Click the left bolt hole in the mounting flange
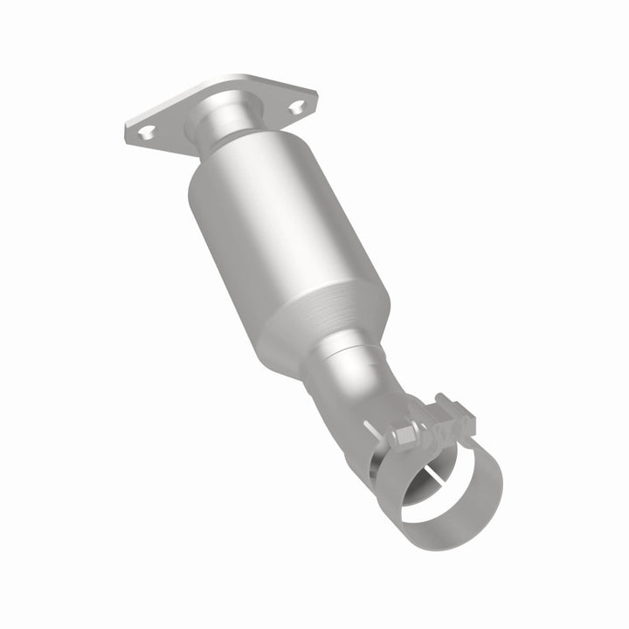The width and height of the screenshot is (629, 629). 146,132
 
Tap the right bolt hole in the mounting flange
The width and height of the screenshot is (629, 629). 300,107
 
